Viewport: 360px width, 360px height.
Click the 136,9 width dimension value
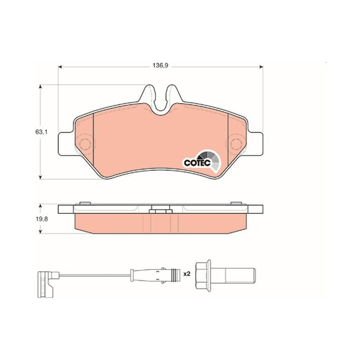coord(161,65)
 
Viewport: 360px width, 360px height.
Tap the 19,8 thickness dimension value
coord(41,219)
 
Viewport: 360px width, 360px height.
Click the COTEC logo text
coord(198,162)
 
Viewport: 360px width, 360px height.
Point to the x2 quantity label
coord(187,274)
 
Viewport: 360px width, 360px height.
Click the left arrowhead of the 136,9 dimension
coord(60,67)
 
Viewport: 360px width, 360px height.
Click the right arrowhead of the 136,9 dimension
coord(261,67)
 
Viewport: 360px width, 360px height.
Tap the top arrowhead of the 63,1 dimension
coord(40,87)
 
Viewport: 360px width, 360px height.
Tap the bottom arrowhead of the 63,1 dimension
coord(40,177)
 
